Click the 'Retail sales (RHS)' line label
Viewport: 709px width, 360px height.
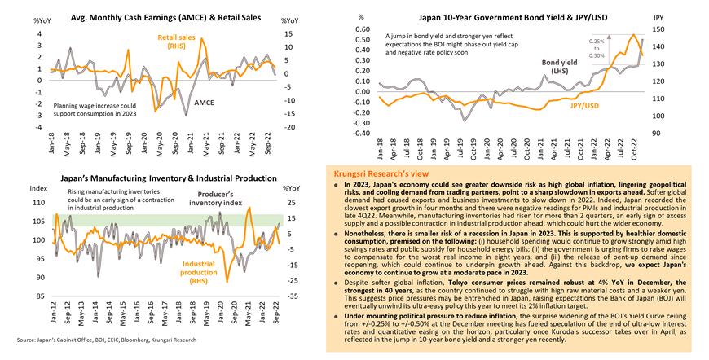pyautogui.click(x=177, y=41)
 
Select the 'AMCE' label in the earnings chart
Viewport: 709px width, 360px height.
pyautogui.click(x=205, y=103)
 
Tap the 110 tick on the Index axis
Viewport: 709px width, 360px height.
pyautogui.click(x=39, y=202)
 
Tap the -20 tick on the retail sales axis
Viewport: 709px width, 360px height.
pyautogui.click(x=288, y=128)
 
